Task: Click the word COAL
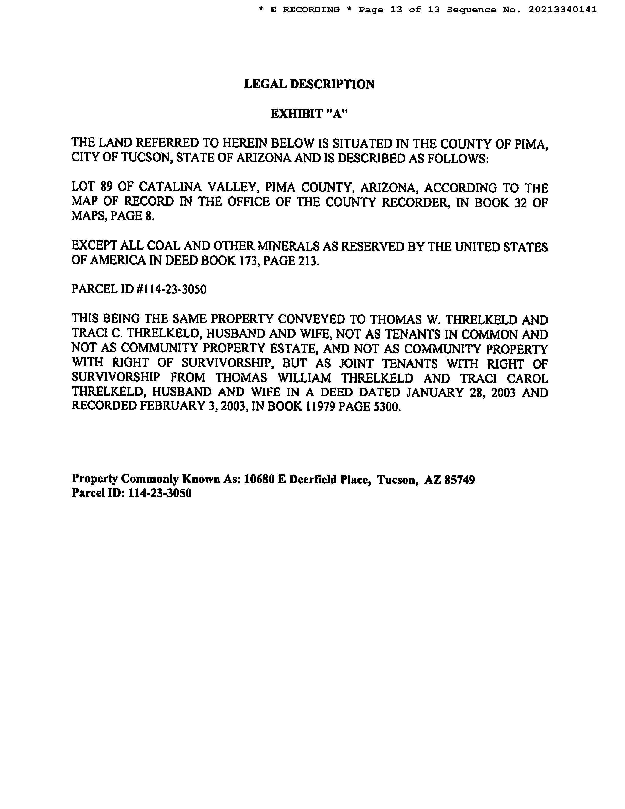point(163,246)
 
